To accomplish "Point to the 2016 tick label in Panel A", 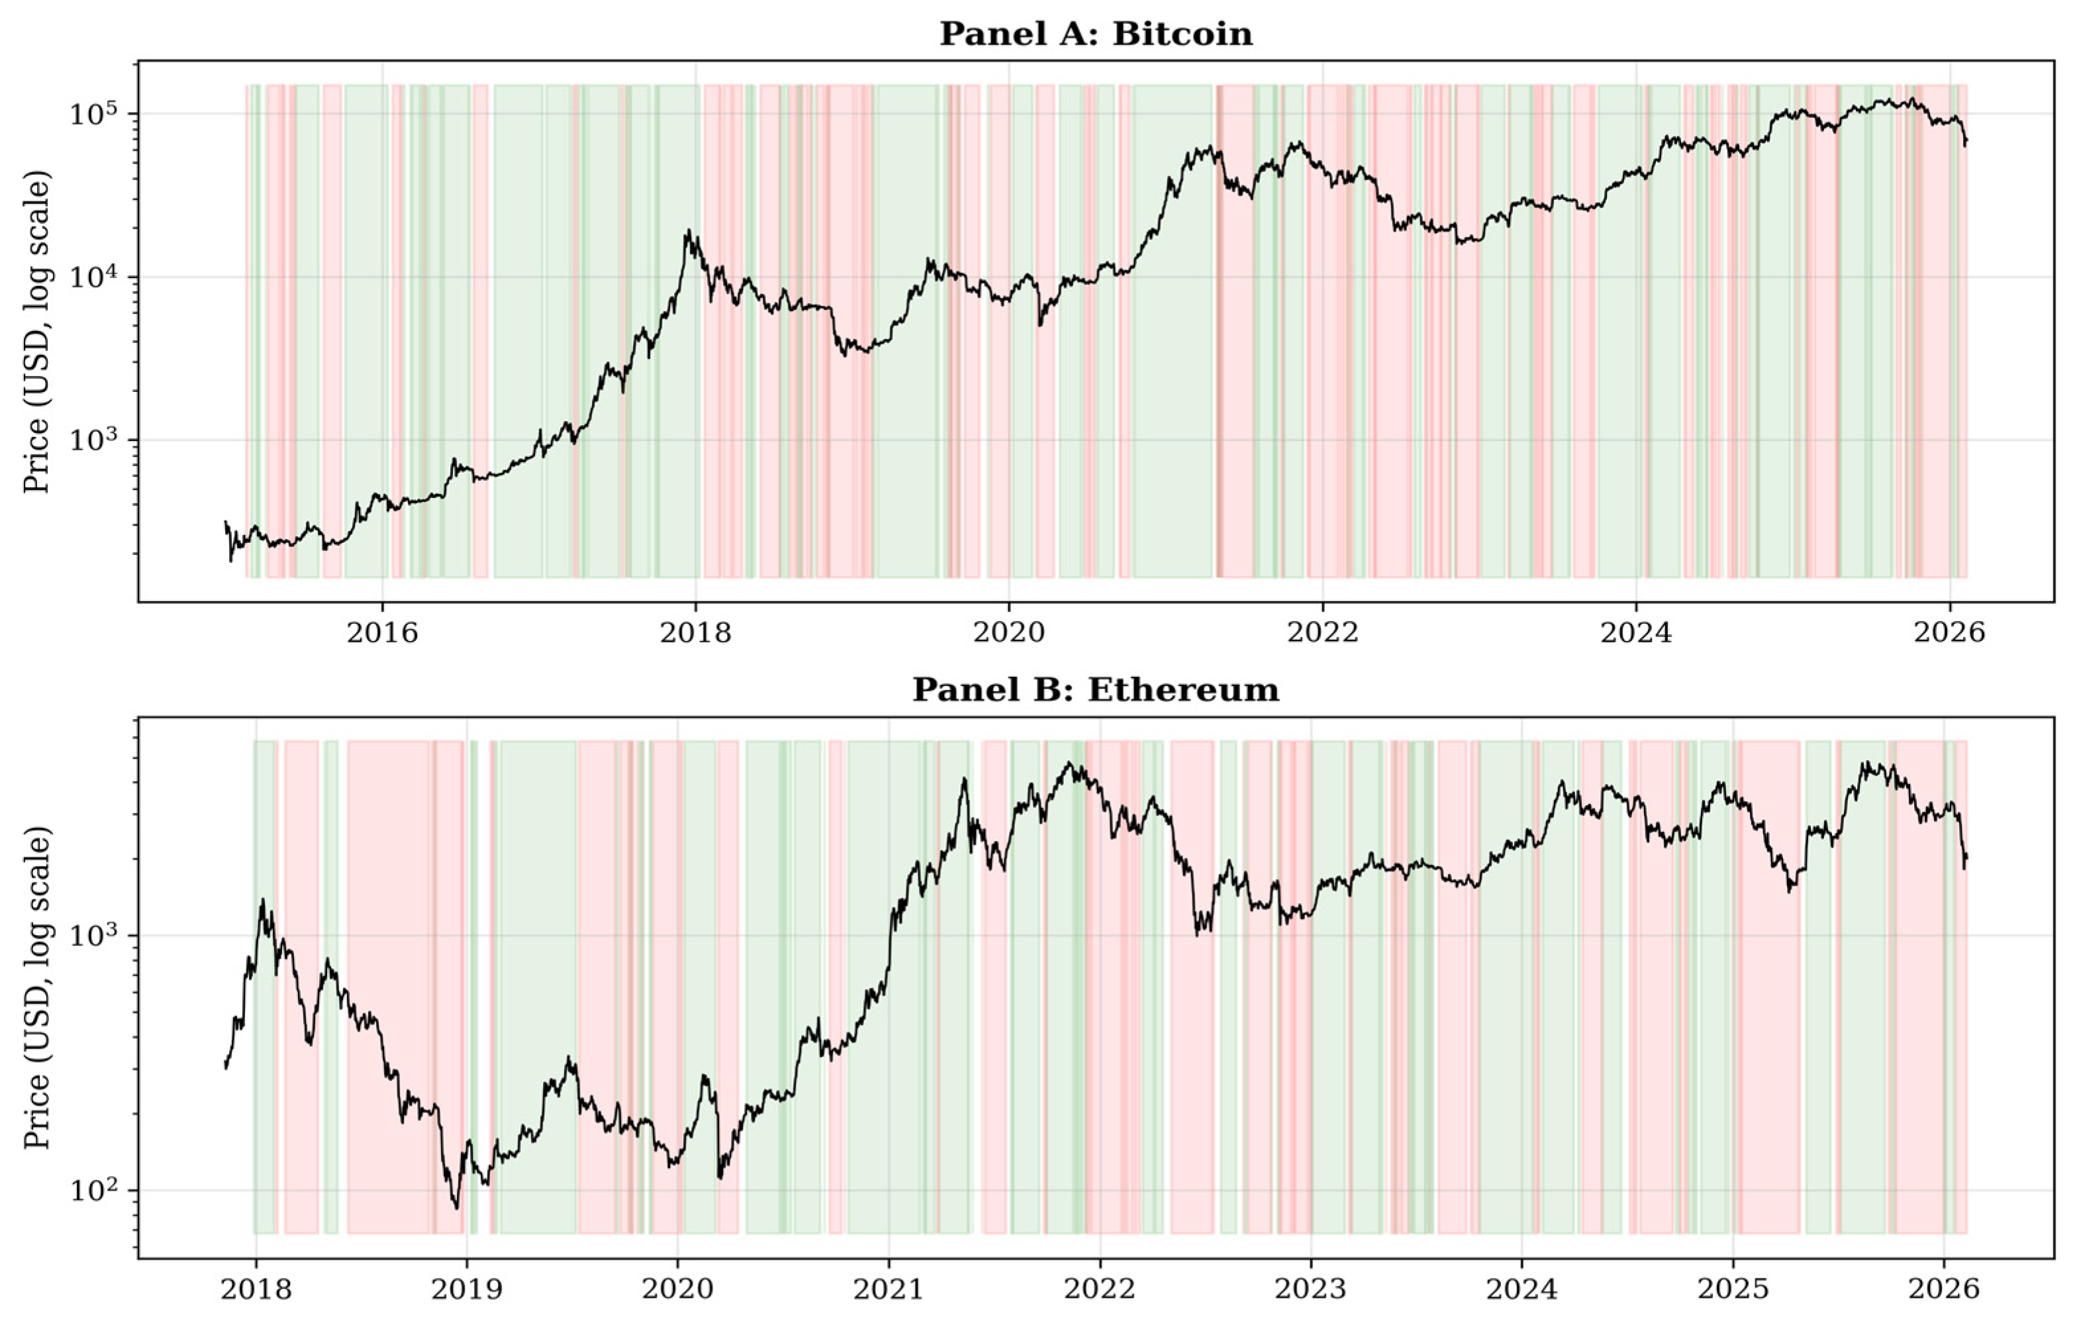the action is click(x=382, y=634).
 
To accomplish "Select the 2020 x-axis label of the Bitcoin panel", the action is click(x=1008, y=634).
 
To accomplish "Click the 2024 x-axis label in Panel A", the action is click(x=1635, y=634).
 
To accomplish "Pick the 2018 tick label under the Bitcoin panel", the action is click(x=695, y=634).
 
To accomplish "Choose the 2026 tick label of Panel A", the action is click(x=1949, y=634).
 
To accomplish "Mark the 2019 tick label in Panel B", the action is click(x=466, y=1289).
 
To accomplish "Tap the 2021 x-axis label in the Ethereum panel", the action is click(x=889, y=1289).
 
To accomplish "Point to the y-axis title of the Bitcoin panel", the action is click(x=37, y=332).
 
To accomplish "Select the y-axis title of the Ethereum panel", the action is click(x=37, y=987).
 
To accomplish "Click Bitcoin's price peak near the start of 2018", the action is click(x=688, y=230).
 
